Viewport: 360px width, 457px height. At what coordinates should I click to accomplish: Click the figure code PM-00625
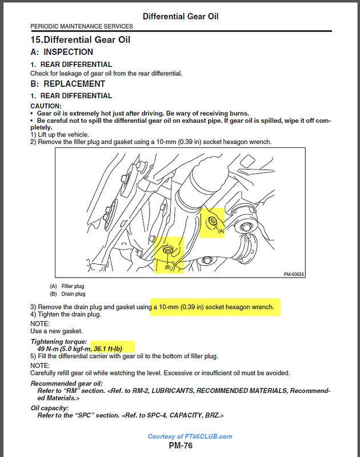(x=294, y=274)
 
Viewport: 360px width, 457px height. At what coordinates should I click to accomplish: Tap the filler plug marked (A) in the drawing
(x=213, y=221)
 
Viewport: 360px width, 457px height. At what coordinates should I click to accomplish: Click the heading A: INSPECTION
(x=65, y=52)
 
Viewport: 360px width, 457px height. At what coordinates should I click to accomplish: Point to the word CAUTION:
(x=46, y=106)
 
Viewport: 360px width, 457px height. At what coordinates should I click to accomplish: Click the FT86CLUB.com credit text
(x=190, y=436)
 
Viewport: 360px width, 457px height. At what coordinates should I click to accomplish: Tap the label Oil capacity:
(x=50, y=408)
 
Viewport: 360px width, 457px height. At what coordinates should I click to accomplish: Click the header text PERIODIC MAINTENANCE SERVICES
(x=81, y=26)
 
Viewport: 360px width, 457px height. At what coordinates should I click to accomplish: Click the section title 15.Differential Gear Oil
(x=80, y=40)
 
